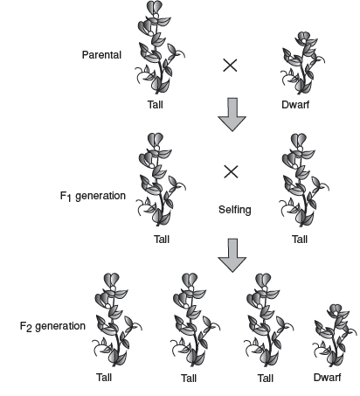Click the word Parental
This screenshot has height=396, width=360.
click(x=101, y=55)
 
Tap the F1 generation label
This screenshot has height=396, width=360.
click(x=93, y=196)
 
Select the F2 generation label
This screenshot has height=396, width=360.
click(x=52, y=326)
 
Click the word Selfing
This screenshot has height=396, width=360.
click(x=235, y=210)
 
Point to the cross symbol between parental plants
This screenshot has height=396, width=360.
click(x=230, y=65)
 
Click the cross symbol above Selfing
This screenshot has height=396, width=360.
click(x=231, y=171)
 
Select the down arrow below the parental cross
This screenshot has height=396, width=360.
click(x=232, y=115)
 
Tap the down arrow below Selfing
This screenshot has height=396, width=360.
click(x=232, y=255)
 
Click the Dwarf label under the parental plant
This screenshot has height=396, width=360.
click(x=295, y=105)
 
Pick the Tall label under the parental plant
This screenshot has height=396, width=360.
click(x=155, y=105)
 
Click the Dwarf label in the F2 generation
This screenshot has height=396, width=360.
click(x=327, y=378)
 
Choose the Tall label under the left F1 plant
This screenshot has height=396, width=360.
click(x=162, y=240)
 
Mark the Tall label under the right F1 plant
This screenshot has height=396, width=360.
click(x=300, y=240)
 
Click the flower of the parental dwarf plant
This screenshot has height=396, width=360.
click(x=303, y=38)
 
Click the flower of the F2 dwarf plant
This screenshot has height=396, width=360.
click(x=336, y=310)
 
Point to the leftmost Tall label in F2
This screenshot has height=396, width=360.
click(x=104, y=378)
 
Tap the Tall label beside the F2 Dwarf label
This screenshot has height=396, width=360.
click(x=266, y=379)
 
